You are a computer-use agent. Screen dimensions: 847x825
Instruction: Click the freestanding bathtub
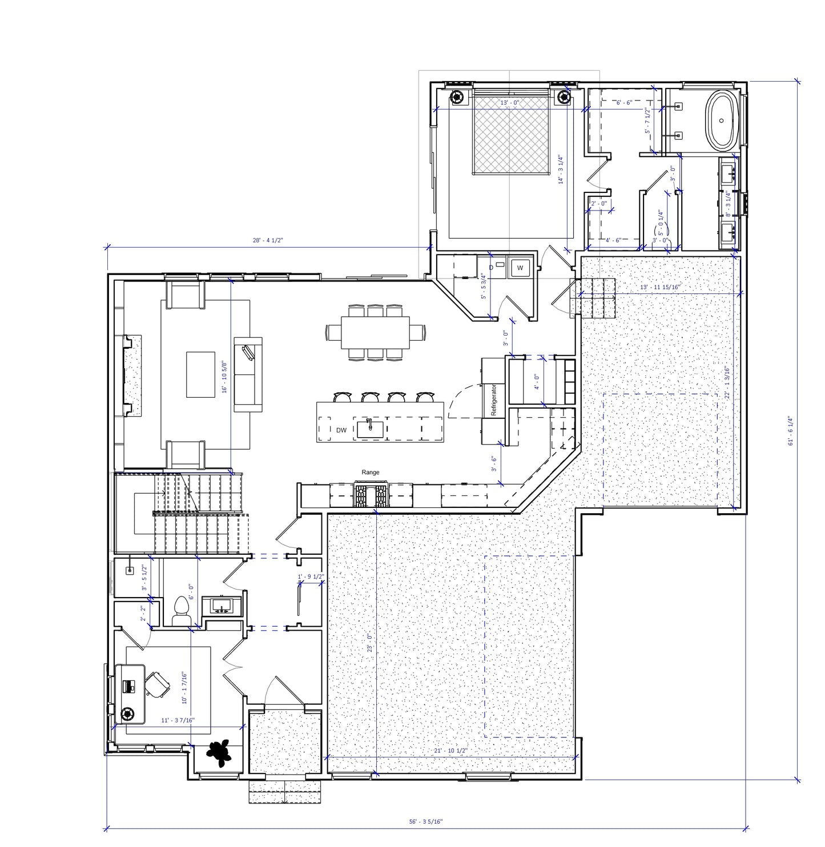[x=722, y=120]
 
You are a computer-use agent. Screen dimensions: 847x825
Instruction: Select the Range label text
[x=370, y=472]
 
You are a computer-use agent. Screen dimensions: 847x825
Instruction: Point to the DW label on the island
[x=341, y=430]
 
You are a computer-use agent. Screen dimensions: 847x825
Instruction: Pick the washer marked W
[x=520, y=267]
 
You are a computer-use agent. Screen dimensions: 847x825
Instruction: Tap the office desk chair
[x=156, y=683]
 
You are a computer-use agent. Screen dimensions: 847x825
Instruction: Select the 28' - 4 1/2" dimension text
[x=268, y=241]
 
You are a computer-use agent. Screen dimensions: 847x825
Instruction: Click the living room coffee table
[x=200, y=374]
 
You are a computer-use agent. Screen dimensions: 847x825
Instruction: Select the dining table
[x=376, y=332]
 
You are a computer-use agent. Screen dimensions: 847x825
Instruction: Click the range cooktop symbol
[x=371, y=494]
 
